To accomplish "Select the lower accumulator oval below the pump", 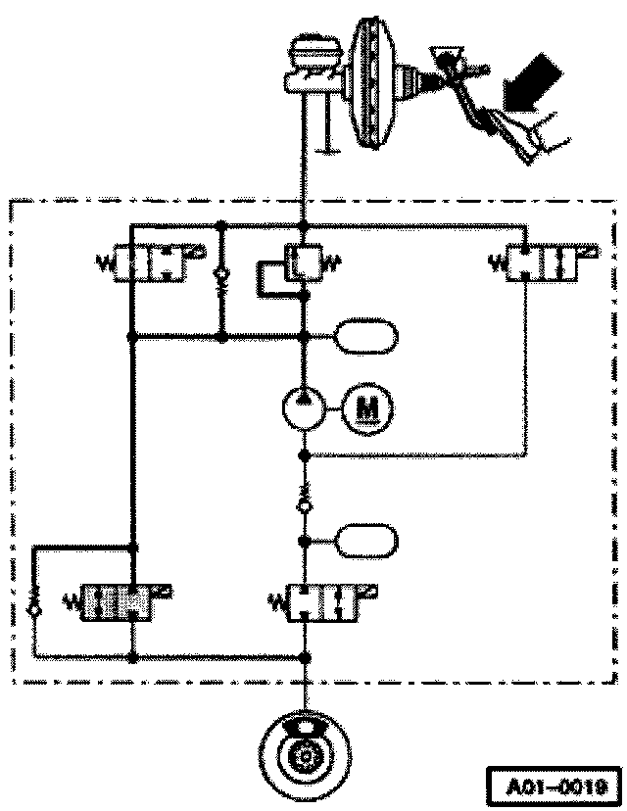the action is tap(367, 540).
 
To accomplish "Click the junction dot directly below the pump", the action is tap(305, 455).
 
